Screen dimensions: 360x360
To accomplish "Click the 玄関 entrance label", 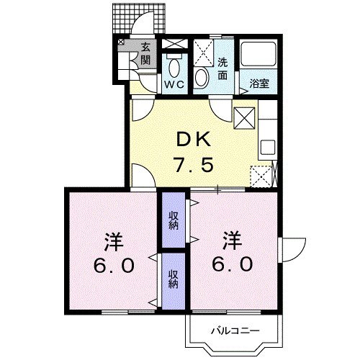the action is coord(145,54).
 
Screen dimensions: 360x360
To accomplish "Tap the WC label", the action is coord(174,84).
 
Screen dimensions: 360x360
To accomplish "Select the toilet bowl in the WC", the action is coord(174,68).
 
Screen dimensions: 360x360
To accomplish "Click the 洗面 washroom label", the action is coord(222,69).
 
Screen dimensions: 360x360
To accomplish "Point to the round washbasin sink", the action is coord(202,78).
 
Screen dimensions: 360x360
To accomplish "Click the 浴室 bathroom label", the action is coord(259,84).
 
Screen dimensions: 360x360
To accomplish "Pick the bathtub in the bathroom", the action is coord(258,54).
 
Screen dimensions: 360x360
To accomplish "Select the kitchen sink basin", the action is coord(268,147).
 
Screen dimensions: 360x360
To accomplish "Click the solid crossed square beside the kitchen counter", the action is coord(244,118).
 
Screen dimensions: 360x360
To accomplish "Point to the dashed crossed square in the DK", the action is coord(261,176).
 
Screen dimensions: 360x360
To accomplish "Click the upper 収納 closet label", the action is coord(174,221).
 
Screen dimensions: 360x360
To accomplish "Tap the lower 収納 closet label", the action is coord(174,279).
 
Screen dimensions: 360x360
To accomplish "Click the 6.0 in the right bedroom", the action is coord(233,264).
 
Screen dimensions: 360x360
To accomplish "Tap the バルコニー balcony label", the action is coord(235,331).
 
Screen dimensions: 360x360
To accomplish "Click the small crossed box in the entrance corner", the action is coord(121,42).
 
